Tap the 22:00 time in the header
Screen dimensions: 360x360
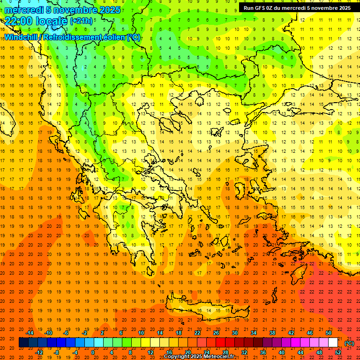(x=18, y=21)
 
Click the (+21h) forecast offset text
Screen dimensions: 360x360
(x=81, y=21)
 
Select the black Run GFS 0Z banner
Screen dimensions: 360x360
(x=297, y=8)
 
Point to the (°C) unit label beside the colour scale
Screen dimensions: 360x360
(x=349, y=343)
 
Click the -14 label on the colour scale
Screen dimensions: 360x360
(x=30, y=333)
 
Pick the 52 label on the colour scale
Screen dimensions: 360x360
(x=338, y=352)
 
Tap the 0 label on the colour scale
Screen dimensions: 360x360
(x=93, y=352)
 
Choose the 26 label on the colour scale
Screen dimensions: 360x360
(x=216, y=333)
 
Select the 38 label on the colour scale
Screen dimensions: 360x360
(x=272, y=333)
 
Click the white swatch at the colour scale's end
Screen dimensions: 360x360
(x=333, y=343)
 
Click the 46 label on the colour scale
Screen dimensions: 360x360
(x=310, y=333)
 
